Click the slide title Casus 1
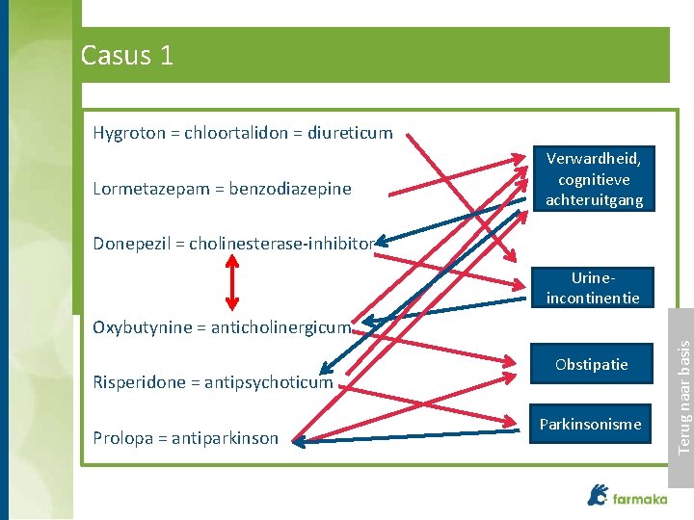click(x=127, y=56)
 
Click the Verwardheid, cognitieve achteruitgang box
click(x=594, y=178)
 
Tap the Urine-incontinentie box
click(x=593, y=288)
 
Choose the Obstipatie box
click(x=591, y=365)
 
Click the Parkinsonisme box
click(x=590, y=424)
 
